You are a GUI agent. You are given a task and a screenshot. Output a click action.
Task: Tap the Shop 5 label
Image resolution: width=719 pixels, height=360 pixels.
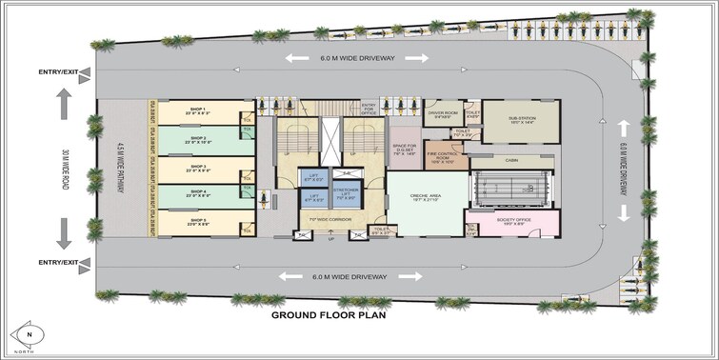click(x=198, y=222)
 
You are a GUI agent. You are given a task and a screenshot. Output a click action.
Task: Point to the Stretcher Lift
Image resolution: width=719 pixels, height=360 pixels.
click(x=345, y=197)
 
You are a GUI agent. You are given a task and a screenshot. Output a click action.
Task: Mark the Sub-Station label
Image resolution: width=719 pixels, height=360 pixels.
click(x=520, y=118)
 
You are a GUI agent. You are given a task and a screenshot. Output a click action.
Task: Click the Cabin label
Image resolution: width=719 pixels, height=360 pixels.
click(x=510, y=159)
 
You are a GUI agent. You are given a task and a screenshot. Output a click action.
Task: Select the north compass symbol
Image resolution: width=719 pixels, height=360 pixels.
click(x=30, y=336)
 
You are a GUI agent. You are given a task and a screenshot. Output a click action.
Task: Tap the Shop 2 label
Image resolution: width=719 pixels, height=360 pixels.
click(x=198, y=139)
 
